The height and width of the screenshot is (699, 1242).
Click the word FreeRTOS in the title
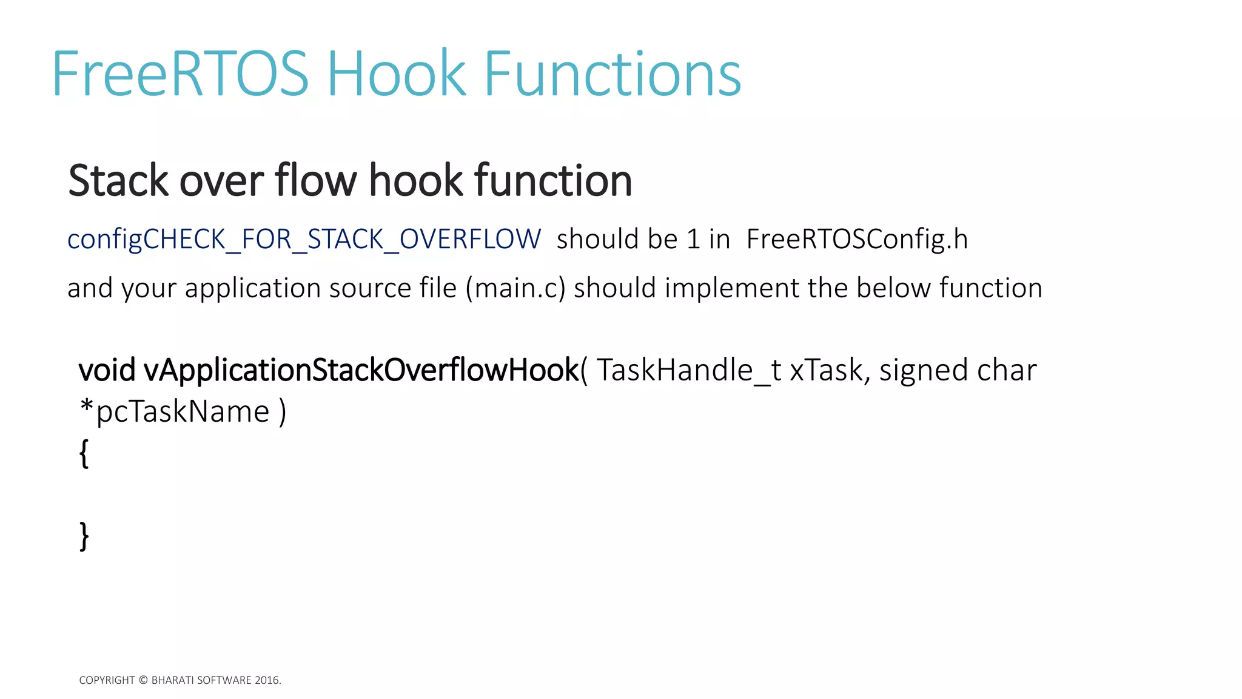pyautogui.click(x=181, y=74)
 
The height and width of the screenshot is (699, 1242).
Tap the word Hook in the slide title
pyautogui.click(x=397, y=74)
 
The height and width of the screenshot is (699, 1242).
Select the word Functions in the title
pyautogui.click(x=612, y=74)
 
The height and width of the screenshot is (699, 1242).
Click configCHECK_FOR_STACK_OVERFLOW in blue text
pyautogui.click(x=304, y=239)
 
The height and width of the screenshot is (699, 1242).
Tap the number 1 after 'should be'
pyautogui.click(x=693, y=239)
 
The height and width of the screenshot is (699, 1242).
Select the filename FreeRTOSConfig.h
pyautogui.click(x=856, y=239)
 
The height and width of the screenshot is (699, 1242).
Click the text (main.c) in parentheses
pyautogui.click(x=515, y=288)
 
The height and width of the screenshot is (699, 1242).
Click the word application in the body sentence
pyautogui.click(x=252, y=288)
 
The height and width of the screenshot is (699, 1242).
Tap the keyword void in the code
pyautogui.click(x=107, y=370)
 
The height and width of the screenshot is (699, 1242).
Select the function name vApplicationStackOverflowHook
pyautogui.click(x=361, y=370)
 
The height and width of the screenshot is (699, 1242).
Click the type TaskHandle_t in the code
pyautogui.click(x=688, y=370)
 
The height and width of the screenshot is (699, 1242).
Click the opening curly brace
pyautogui.click(x=84, y=453)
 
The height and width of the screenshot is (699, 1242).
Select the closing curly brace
pyautogui.click(x=84, y=536)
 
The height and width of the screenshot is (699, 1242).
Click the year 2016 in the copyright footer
pyautogui.click(x=267, y=680)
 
